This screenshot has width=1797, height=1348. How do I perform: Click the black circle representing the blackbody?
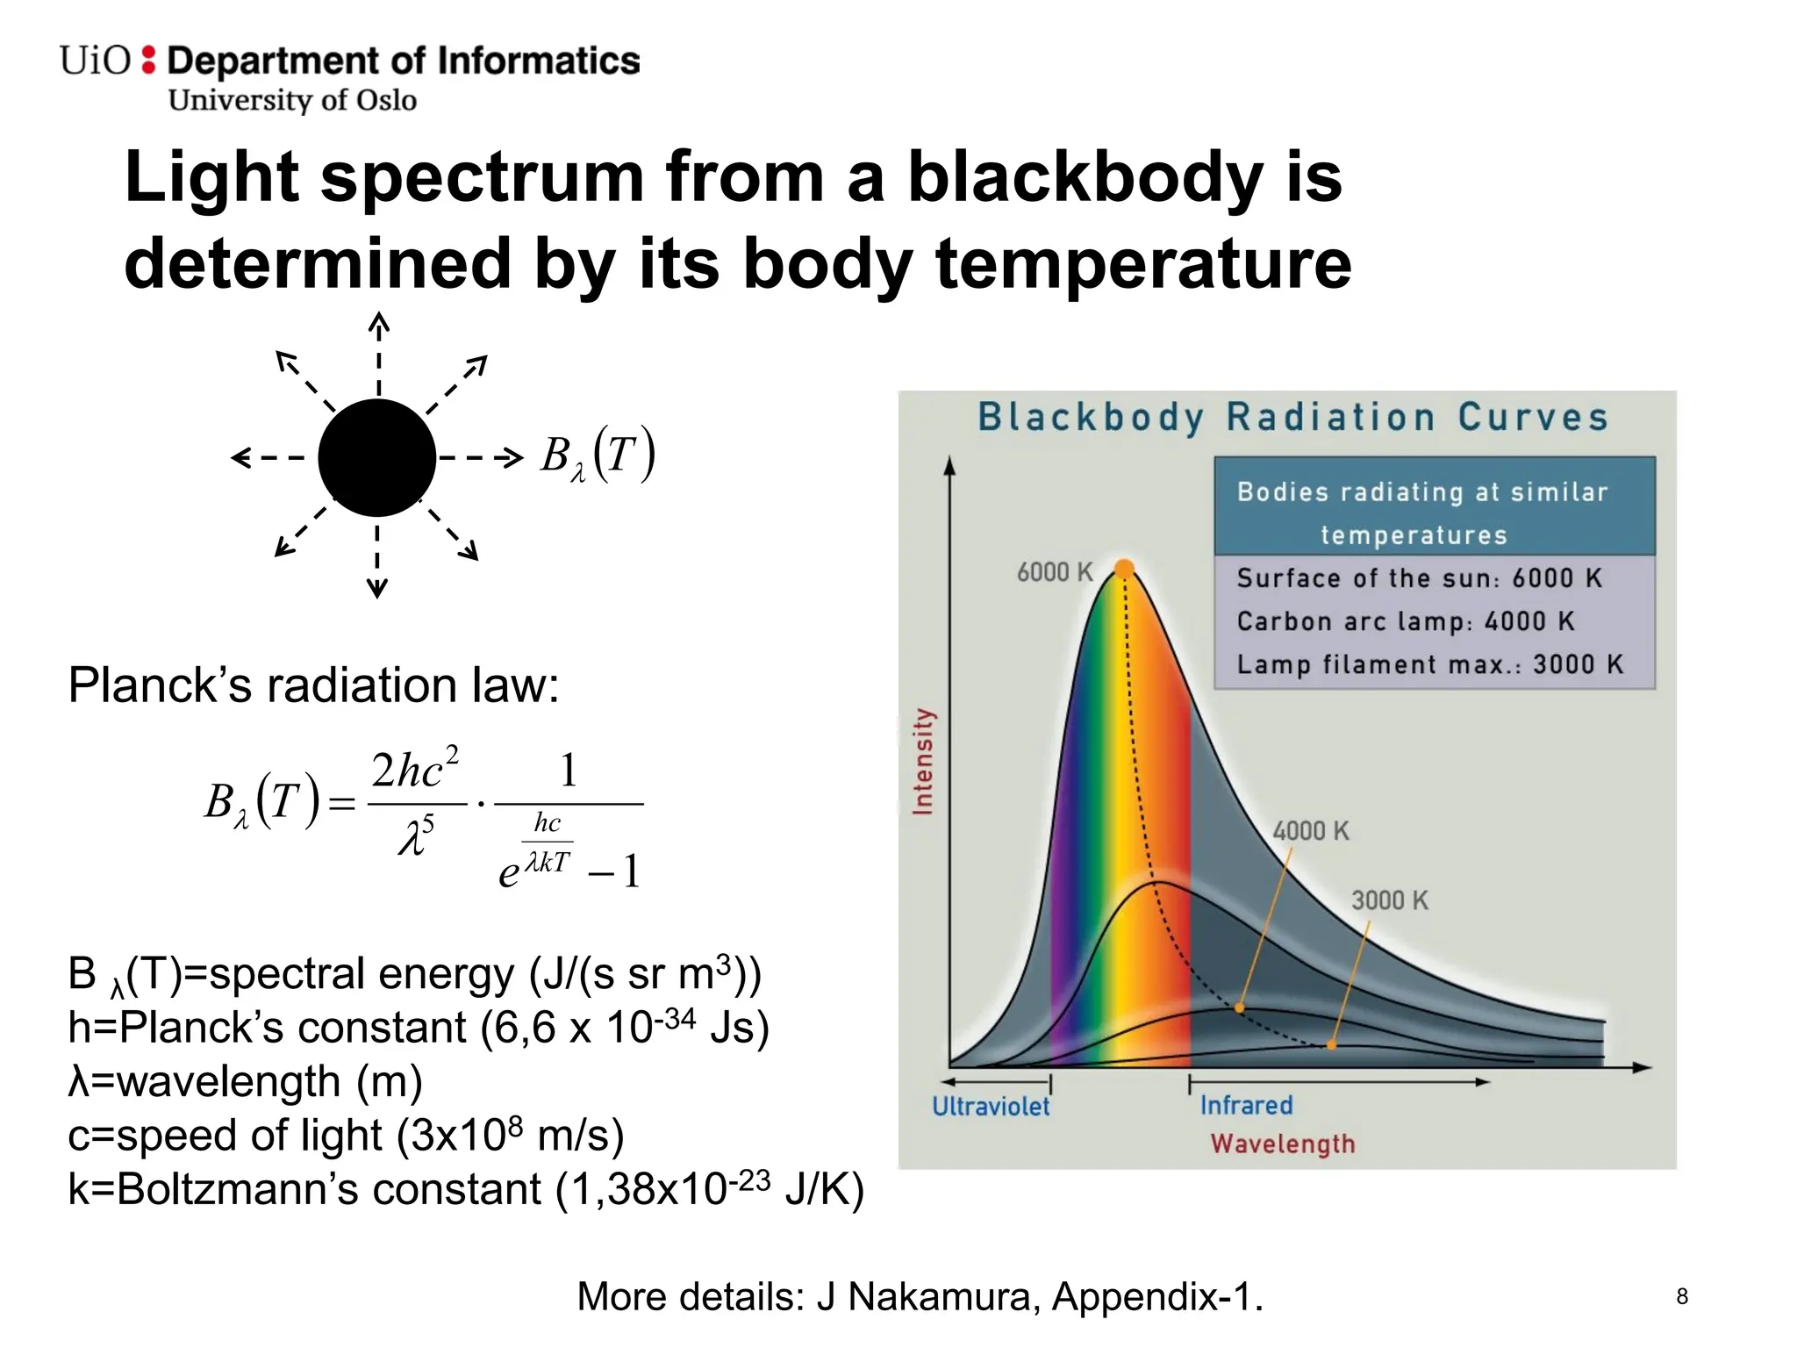pyautogui.click(x=376, y=457)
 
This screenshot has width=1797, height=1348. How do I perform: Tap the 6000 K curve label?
pyautogui.click(x=1054, y=572)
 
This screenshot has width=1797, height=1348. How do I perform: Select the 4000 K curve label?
pyautogui.click(x=1310, y=830)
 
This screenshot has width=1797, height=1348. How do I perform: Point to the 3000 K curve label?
pyautogui.click(x=1389, y=900)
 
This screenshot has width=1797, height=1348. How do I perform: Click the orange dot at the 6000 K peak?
pyautogui.click(x=1124, y=569)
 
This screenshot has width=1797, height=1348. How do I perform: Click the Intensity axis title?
pyautogui.click(x=923, y=762)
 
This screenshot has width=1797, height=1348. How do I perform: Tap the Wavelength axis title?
pyautogui.click(x=1282, y=1144)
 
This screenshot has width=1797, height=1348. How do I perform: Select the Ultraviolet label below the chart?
pyautogui.click(x=990, y=1106)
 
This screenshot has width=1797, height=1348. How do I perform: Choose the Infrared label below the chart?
pyautogui.click(x=1246, y=1105)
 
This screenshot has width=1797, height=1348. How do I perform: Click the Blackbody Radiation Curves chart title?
pyautogui.click(x=1292, y=417)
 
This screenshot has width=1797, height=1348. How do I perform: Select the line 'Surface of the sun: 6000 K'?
pyautogui.click(x=1419, y=578)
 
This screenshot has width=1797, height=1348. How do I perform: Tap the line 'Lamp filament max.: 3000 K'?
pyautogui.click(x=1429, y=664)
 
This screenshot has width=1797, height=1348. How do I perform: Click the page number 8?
pyautogui.click(x=1681, y=1296)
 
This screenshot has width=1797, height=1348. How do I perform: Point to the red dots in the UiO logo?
pyautogui.click(x=148, y=60)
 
